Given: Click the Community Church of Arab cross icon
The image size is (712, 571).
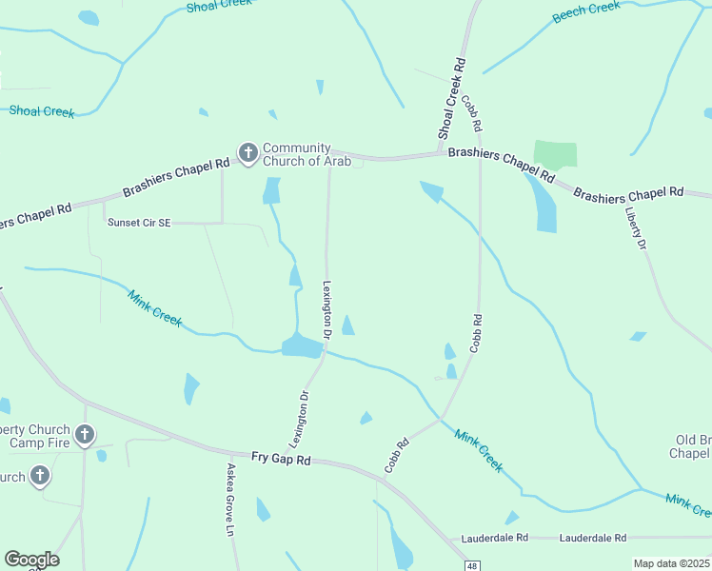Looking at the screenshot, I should tap(247, 152).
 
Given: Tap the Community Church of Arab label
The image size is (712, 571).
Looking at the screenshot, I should tap(307, 154).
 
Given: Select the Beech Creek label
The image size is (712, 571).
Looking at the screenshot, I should tap(586, 12).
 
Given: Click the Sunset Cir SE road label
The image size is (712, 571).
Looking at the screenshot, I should tap(139, 223).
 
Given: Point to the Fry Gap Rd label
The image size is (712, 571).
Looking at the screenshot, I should tap(281, 459).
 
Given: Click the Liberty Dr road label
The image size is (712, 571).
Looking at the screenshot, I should tap(636, 228).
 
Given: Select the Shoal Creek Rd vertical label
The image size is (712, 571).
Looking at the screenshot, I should tap(451, 98).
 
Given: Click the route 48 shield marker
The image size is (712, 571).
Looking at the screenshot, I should tap(472, 566).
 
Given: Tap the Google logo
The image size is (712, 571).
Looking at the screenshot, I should tap(31, 560).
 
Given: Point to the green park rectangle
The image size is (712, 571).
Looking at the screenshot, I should tap(555, 154).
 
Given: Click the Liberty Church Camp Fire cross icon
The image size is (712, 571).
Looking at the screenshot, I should tap(85, 436).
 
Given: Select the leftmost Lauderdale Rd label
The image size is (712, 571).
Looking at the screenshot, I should tap(495, 538).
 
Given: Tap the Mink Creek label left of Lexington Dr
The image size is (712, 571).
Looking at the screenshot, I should tap(154, 307).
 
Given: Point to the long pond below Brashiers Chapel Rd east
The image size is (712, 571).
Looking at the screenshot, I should tap(544, 205).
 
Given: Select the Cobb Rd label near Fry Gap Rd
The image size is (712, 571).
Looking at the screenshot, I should tap(397, 455).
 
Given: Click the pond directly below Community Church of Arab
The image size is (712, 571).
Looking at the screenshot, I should tap(271, 191).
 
